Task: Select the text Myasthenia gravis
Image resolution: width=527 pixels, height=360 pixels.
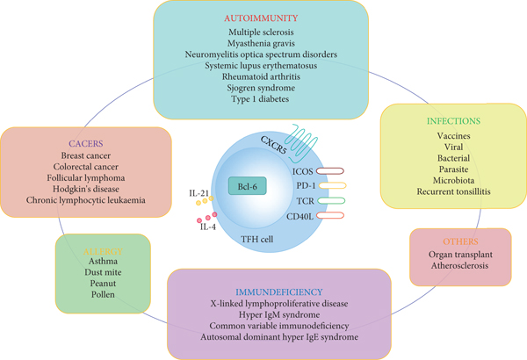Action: (261, 41)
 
